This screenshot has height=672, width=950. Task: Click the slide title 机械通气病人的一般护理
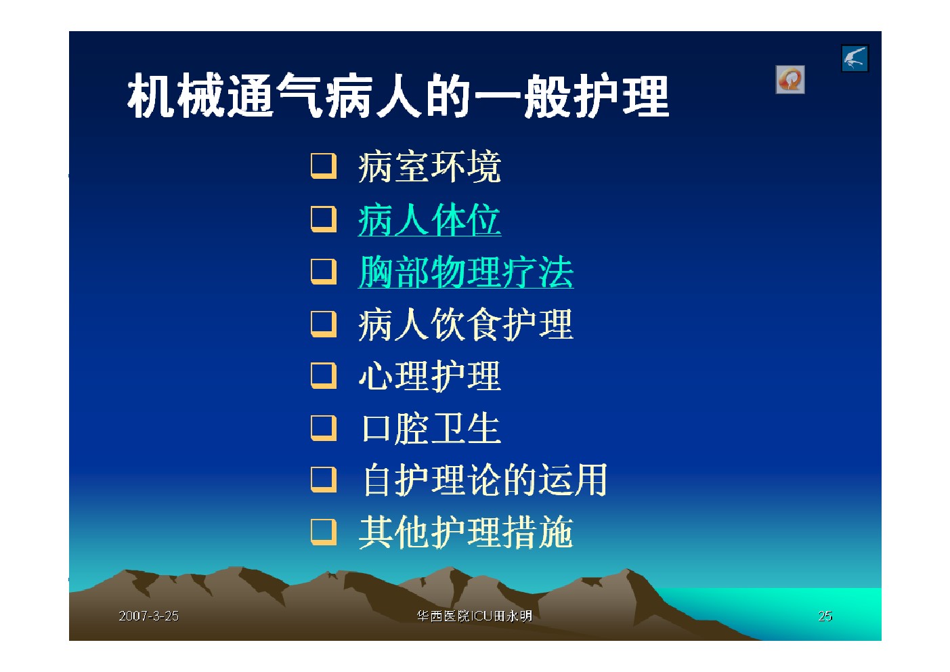click(x=398, y=96)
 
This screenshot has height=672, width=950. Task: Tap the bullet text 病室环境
click(x=429, y=167)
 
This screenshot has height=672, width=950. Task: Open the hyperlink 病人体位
click(x=429, y=219)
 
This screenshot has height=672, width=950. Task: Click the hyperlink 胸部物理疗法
click(x=466, y=272)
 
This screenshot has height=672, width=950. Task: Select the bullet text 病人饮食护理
click(x=466, y=324)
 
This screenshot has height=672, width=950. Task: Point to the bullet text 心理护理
click(x=429, y=376)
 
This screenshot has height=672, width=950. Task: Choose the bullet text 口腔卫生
click(x=431, y=429)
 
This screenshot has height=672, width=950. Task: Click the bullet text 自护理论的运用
click(x=485, y=480)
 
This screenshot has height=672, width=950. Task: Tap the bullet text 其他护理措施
click(x=466, y=533)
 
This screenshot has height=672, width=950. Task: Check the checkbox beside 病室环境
click(x=324, y=166)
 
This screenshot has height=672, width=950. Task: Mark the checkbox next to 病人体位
click(x=324, y=219)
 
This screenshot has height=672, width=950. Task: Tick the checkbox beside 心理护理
click(x=324, y=376)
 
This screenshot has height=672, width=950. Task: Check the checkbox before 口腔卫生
click(x=324, y=429)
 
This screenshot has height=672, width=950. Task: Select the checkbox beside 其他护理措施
click(x=324, y=532)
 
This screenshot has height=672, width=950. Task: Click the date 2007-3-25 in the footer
click(x=148, y=616)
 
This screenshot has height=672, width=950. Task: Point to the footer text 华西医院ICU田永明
click(x=474, y=616)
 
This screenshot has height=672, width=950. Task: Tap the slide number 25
click(x=825, y=616)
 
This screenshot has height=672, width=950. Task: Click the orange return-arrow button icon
click(x=790, y=79)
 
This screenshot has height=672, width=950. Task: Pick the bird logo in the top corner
click(x=855, y=58)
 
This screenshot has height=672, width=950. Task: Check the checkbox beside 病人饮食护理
click(x=324, y=324)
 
